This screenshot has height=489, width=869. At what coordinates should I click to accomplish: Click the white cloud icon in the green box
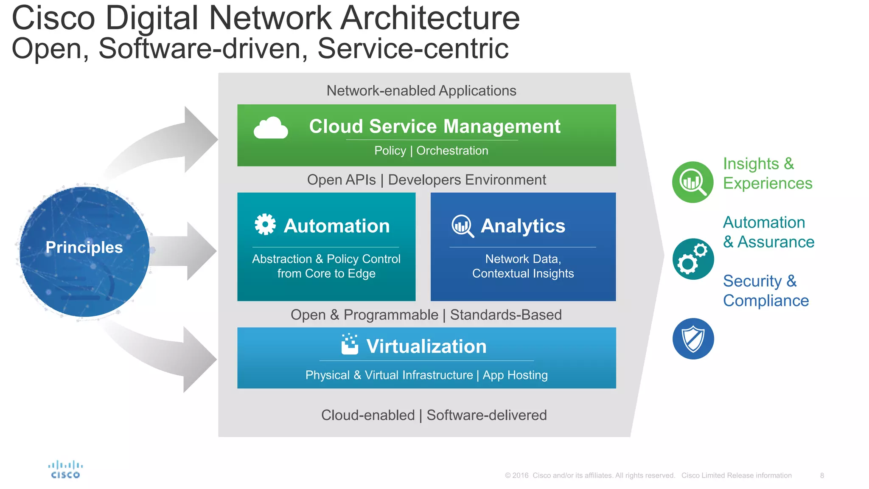(271, 128)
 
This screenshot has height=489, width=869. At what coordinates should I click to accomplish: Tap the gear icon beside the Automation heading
(265, 225)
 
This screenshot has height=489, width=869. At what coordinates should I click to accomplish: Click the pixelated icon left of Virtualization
(350, 344)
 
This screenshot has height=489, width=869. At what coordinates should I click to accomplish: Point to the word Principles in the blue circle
(84, 247)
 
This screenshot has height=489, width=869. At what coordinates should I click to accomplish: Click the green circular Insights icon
(693, 182)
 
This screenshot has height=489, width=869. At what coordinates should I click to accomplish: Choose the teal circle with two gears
(693, 259)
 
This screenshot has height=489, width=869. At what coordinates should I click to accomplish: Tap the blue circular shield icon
(693, 339)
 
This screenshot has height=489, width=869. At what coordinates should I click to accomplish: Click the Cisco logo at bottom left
(65, 470)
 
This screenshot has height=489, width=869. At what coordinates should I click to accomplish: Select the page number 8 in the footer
(822, 475)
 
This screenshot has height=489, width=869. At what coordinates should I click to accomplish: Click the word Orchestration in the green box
(452, 151)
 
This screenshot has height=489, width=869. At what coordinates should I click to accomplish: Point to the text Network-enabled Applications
(421, 91)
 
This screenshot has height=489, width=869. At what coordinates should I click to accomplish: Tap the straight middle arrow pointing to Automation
(187, 251)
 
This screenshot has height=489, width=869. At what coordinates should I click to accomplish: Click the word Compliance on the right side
(766, 301)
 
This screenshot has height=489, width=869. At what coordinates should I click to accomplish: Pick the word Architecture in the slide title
(430, 19)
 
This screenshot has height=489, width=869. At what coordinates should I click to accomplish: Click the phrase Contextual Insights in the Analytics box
(523, 274)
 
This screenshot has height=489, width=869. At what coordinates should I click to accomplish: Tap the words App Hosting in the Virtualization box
(515, 375)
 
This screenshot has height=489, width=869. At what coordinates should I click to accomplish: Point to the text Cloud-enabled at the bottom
(368, 415)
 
